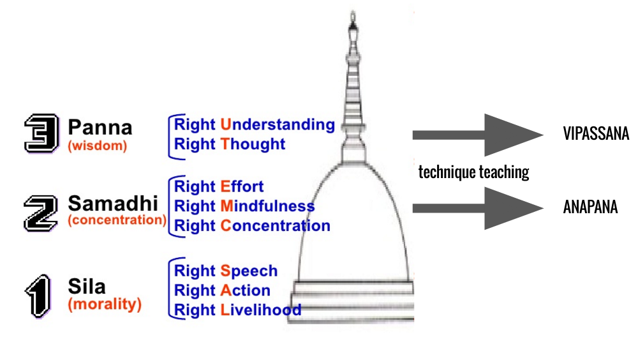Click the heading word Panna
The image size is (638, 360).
pyautogui.click(x=100, y=127)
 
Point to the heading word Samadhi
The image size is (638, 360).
pyautogui.click(x=112, y=204)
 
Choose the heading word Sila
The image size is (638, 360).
pyautogui.click(x=87, y=287)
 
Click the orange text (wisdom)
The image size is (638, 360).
pyautogui.click(x=98, y=146)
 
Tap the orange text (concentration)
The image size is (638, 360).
pyautogui.click(x=117, y=220)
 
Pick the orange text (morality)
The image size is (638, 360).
pyautogui.click(x=105, y=304)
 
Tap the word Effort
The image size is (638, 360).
pyautogui.click(x=242, y=187)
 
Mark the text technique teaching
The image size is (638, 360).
pyautogui.click(x=473, y=172)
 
